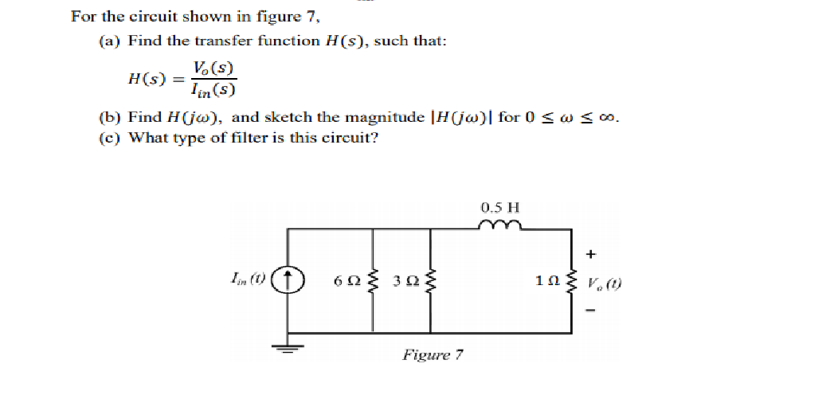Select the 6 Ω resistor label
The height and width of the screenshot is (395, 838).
347,280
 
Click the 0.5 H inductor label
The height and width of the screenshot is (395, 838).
500,208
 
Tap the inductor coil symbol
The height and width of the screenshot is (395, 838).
500,226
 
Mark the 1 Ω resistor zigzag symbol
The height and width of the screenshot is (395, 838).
570,281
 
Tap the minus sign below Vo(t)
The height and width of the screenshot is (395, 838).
591,311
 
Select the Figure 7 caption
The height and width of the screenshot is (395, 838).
433,354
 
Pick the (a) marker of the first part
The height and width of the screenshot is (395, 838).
109,41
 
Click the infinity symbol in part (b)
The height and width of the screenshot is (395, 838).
609,118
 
